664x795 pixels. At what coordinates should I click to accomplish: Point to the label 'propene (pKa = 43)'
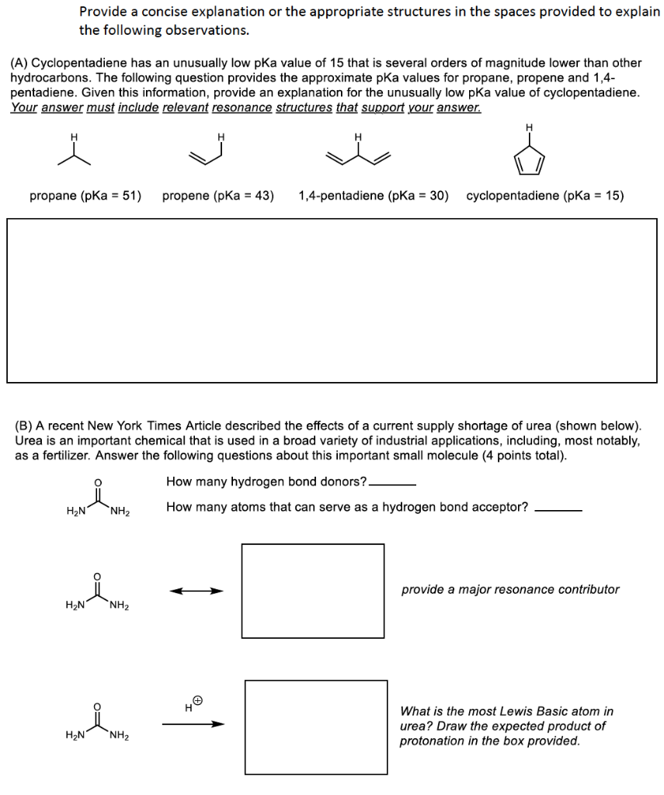(x=218, y=196)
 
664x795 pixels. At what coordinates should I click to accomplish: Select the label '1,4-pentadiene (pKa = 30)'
(x=374, y=196)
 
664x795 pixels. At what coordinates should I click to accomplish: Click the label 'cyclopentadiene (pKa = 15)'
(x=545, y=196)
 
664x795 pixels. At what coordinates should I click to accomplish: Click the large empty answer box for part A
(x=332, y=300)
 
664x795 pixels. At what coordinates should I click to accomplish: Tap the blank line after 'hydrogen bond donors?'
(x=393, y=484)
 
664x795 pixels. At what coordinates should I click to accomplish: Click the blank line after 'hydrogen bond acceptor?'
(x=558, y=510)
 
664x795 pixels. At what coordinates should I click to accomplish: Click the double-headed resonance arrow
(x=196, y=592)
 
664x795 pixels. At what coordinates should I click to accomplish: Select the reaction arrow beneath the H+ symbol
(x=193, y=724)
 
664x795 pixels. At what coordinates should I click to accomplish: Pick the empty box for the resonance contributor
(x=312, y=591)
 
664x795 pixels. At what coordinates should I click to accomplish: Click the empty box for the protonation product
(x=316, y=727)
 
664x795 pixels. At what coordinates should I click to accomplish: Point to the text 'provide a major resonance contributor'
(x=510, y=589)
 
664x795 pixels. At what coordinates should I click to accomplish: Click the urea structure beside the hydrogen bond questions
(x=98, y=501)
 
